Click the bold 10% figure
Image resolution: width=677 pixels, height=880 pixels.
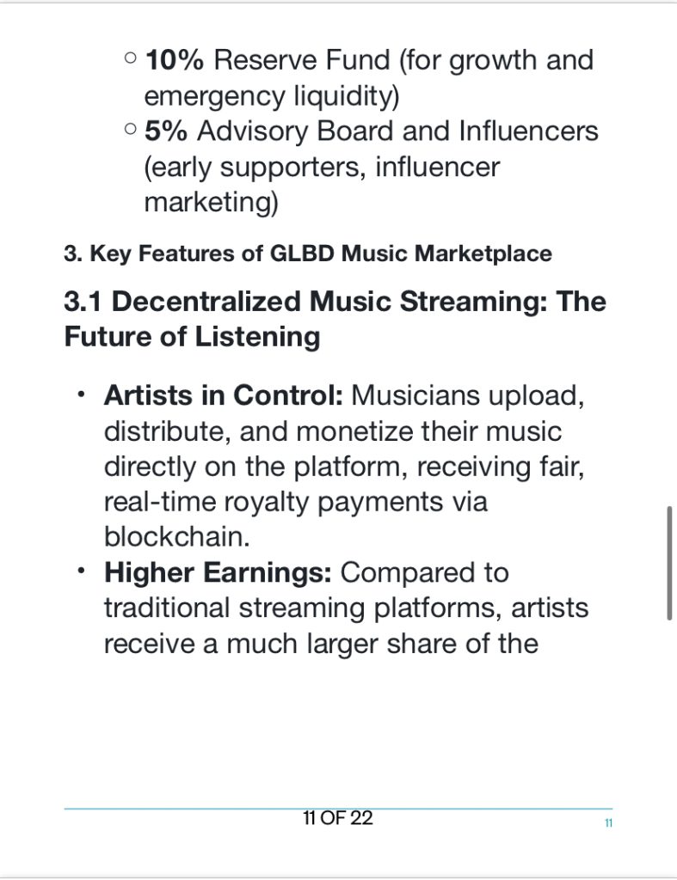[x=174, y=60]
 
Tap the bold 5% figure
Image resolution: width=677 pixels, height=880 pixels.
[x=166, y=131]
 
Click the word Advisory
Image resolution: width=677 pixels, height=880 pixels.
[x=252, y=132]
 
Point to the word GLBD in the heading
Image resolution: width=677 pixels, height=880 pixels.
[x=302, y=254]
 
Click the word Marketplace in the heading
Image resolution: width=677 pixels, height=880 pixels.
[x=483, y=254]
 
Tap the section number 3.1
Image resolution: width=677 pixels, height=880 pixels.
[x=83, y=302]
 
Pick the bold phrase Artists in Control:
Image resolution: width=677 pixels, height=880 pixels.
[x=223, y=395]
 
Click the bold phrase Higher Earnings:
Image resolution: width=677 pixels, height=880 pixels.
[x=218, y=573]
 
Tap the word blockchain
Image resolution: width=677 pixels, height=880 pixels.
[x=176, y=536]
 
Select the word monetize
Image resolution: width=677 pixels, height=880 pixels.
[x=354, y=432]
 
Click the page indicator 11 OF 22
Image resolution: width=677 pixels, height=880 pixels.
[x=338, y=818]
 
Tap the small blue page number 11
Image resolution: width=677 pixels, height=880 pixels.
[x=608, y=823]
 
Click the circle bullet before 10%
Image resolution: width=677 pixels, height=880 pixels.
[x=131, y=58]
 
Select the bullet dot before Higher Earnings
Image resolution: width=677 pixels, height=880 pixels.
[x=82, y=571]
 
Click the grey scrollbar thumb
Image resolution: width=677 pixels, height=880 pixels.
[x=669, y=563]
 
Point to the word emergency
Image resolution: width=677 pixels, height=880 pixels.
[x=214, y=97]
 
